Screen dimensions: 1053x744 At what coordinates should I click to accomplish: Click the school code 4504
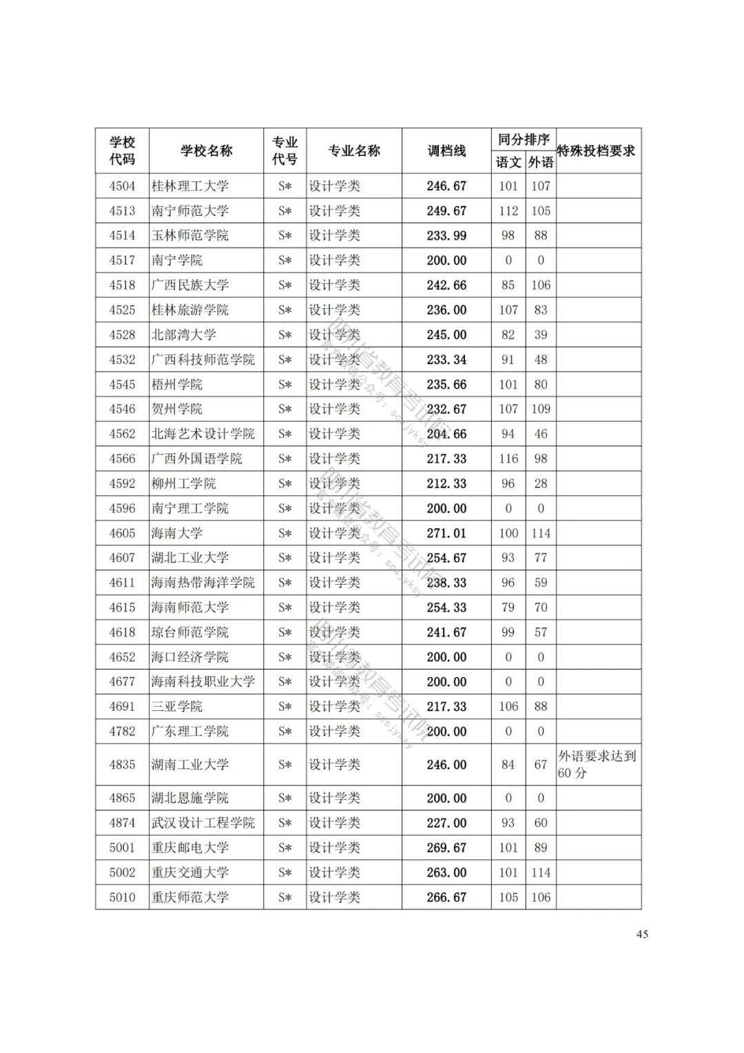[122, 186]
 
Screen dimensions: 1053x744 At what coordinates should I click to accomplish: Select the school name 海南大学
[177, 533]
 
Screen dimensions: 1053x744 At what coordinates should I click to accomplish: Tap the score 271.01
[446, 533]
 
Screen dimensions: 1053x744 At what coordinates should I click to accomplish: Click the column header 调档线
[446, 151]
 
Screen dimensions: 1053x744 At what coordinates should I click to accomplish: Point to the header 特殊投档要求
[597, 151]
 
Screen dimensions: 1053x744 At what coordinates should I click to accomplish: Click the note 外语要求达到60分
[597, 765]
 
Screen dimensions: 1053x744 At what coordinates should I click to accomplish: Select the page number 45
[642, 934]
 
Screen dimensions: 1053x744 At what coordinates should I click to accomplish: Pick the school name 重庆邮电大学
[190, 848]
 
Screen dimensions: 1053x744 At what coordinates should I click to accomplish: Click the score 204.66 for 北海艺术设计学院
[446, 434]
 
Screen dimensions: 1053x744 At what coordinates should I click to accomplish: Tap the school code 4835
[122, 765]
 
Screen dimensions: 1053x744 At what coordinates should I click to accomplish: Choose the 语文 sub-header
[508, 163]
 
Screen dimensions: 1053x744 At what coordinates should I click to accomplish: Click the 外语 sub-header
[541, 163]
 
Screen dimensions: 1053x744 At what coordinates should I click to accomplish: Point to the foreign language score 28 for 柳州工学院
[541, 483]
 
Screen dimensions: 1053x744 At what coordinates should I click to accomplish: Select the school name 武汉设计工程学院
[203, 823]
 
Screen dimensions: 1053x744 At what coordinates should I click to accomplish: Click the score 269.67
[446, 848]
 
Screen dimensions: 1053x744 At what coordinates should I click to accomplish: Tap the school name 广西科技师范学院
[203, 359]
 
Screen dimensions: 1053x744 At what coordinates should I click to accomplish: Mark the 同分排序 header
[524, 140]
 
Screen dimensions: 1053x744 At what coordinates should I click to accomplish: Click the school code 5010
[122, 897]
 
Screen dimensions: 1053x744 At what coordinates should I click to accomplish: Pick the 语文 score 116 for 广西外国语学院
[508, 459]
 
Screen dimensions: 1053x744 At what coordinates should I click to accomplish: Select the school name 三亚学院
[177, 707]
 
